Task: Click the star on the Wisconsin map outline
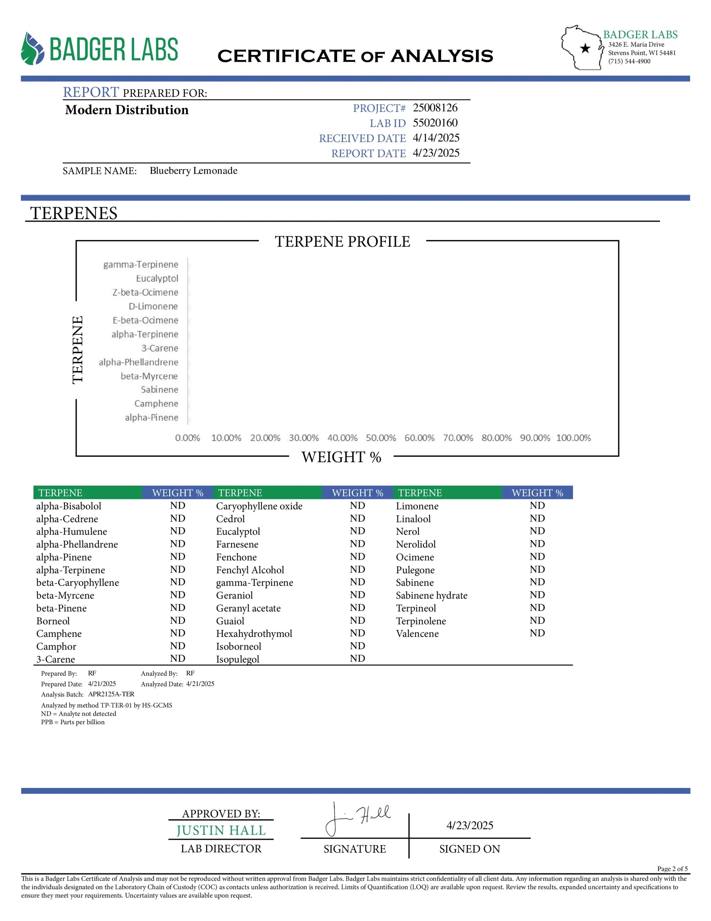tap(585, 48)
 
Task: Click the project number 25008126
tap(435, 108)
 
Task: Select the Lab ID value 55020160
tap(435, 123)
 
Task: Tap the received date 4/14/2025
tap(436, 138)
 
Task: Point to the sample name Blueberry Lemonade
tap(193, 171)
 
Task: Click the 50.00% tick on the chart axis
tap(381, 438)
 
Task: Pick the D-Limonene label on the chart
tap(153, 306)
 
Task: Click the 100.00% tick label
tap(573, 438)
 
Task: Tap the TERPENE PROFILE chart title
tap(342, 242)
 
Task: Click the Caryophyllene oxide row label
tap(259, 506)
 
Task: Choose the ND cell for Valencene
tap(537, 633)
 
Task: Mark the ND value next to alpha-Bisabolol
tap(178, 505)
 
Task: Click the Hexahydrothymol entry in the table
tap(254, 634)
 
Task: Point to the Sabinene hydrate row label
tap(432, 595)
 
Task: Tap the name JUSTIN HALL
tap(221, 830)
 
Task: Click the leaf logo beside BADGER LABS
tap(32, 49)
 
